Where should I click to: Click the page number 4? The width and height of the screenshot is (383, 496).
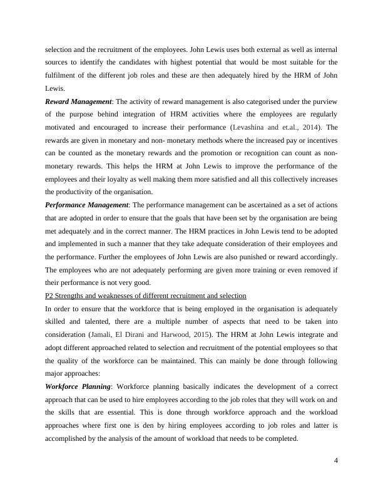(x=336, y=462)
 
